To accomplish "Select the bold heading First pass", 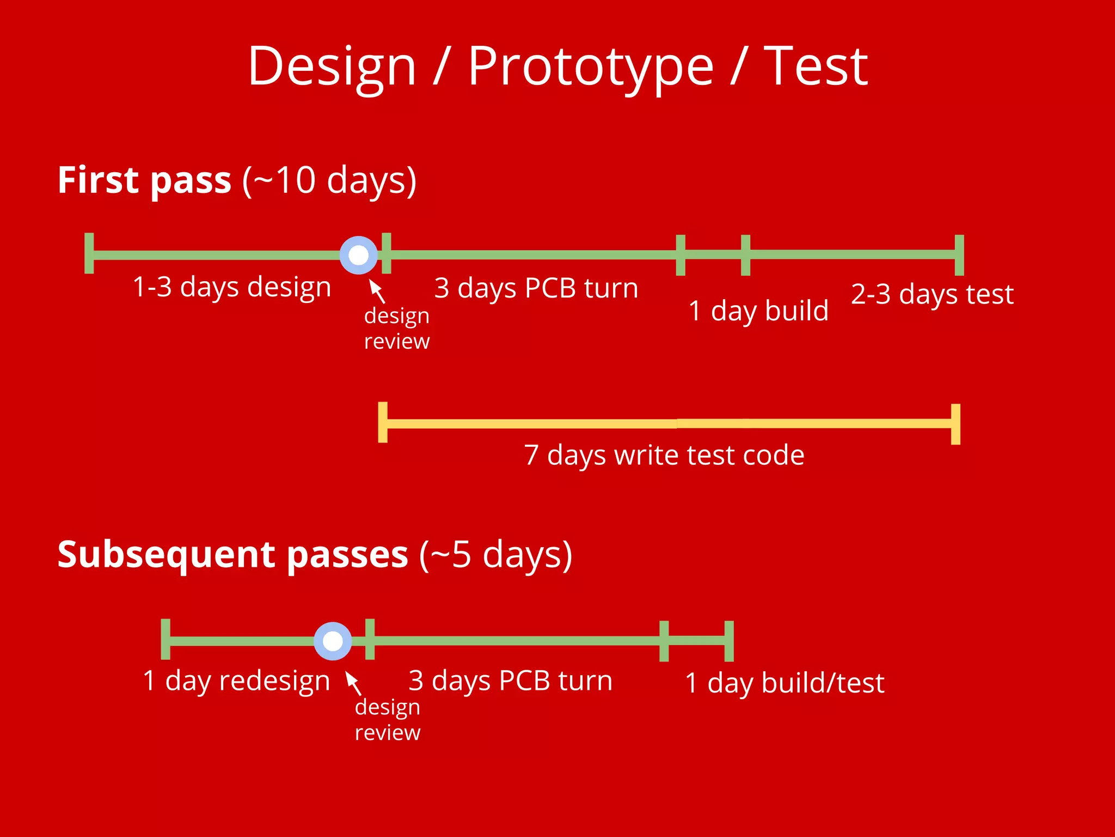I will (x=144, y=180).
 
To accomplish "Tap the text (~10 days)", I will (x=329, y=180).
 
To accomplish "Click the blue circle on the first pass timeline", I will (x=358, y=255).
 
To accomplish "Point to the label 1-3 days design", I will (x=232, y=287).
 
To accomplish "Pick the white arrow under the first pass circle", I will (x=377, y=290).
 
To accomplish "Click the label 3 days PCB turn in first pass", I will (x=536, y=288).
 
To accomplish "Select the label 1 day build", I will (x=758, y=311).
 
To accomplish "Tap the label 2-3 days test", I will (x=932, y=295).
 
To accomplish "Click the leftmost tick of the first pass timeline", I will (x=89, y=253).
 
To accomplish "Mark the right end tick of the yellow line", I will (x=955, y=424).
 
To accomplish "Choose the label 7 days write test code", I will (x=664, y=456).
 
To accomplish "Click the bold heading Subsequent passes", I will (x=232, y=555).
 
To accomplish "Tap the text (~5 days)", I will (x=495, y=555).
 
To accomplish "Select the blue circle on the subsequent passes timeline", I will (x=333, y=641).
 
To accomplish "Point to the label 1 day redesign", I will (x=236, y=681).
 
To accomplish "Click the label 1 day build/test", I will (x=784, y=683).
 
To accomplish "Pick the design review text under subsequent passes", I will (x=388, y=720).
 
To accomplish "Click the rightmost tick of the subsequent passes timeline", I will (x=729, y=641).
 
